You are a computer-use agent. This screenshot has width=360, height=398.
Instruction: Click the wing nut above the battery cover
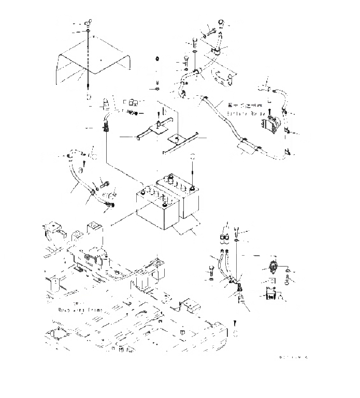(90, 24)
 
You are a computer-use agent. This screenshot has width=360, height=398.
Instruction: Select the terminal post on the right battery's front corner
(193, 189)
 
